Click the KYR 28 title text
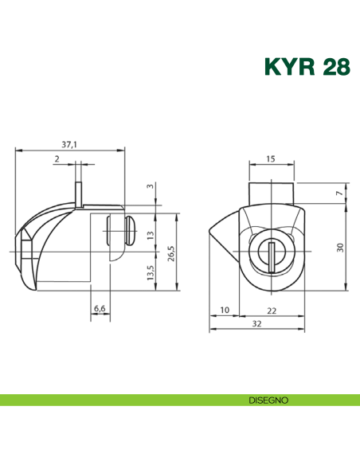306,66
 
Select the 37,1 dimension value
69,144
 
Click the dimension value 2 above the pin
57,159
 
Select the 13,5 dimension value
151,273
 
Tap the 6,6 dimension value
100,307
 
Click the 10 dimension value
224,310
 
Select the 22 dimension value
272,310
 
